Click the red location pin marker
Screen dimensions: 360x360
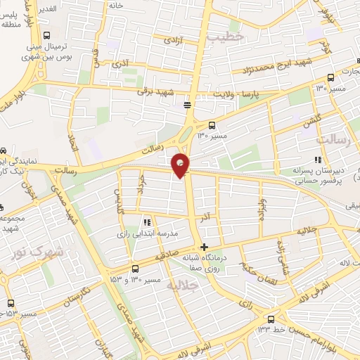181,165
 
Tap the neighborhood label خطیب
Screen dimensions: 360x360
227,35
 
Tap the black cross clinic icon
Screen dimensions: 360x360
204,247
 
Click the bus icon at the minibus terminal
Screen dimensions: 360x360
47,35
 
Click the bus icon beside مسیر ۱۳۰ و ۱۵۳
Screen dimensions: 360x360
135,269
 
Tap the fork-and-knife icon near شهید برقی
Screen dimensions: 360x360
187,105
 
